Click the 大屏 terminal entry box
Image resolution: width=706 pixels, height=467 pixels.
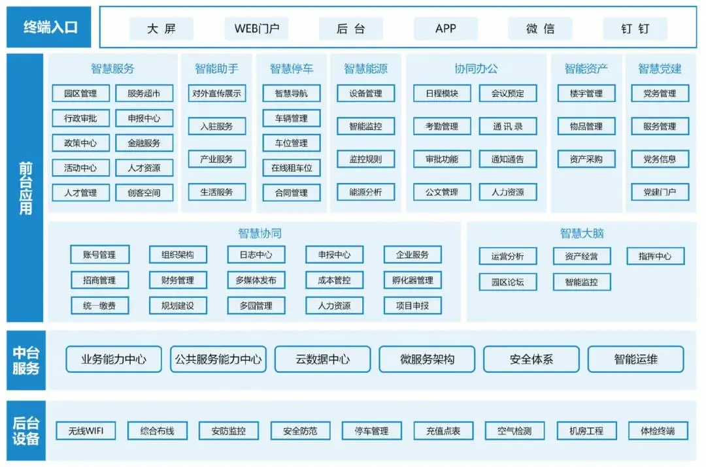(161, 29)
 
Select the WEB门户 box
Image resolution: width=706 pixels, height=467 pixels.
(256, 29)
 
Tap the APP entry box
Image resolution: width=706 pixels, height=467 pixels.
(445, 29)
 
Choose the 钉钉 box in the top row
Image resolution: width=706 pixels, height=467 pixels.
(635, 29)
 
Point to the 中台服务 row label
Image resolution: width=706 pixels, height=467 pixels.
(26, 361)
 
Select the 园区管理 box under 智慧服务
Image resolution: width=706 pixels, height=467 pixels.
(80, 93)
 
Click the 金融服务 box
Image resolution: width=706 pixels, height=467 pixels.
(144, 143)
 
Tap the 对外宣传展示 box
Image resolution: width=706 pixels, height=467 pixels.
(217, 93)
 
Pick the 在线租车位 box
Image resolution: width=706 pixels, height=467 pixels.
(292, 168)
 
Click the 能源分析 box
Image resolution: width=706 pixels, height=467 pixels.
(365, 192)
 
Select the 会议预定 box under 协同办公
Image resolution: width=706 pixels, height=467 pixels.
(508, 93)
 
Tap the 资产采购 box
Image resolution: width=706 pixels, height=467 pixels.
(586, 159)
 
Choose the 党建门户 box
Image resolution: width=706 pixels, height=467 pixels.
(659, 192)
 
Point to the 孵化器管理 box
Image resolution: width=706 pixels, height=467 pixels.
(412, 280)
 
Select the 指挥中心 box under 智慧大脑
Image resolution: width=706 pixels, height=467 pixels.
(655, 256)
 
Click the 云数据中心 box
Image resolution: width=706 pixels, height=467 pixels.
(322, 359)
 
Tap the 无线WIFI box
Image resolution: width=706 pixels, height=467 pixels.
(86, 431)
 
